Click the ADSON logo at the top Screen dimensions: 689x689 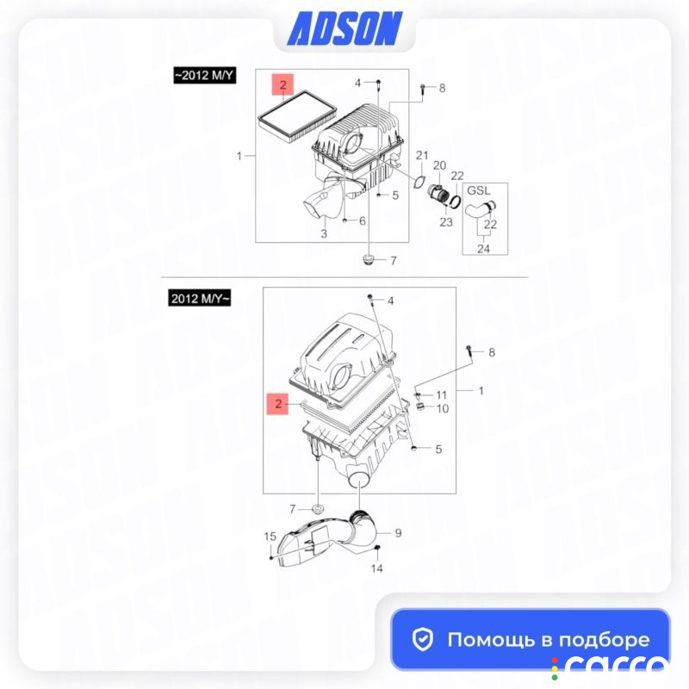[x=344, y=28]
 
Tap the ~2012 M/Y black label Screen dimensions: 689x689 [x=205, y=75]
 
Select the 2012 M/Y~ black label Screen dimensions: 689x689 [x=200, y=298]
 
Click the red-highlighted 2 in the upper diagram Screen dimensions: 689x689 [x=282, y=84]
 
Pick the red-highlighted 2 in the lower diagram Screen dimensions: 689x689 [x=277, y=404]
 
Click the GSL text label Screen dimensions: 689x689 [x=479, y=190]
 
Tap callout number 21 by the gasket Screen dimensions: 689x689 [x=422, y=155]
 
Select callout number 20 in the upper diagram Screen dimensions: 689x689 [x=439, y=165]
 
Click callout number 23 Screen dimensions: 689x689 [x=446, y=222]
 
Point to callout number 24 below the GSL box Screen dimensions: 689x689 [x=483, y=249]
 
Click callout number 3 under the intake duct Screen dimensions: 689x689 [x=324, y=233]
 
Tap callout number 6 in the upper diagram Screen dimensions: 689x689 [x=362, y=220]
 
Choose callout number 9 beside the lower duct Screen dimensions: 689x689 [x=398, y=533]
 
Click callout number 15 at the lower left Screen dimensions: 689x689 [x=270, y=537]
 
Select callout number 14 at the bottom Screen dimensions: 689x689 [x=376, y=568]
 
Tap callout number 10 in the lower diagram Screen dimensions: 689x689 [x=443, y=408]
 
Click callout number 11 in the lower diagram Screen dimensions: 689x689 [x=441, y=395]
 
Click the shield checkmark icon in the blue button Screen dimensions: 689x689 [x=423, y=639]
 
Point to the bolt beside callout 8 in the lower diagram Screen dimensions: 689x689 [x=469, y=354]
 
